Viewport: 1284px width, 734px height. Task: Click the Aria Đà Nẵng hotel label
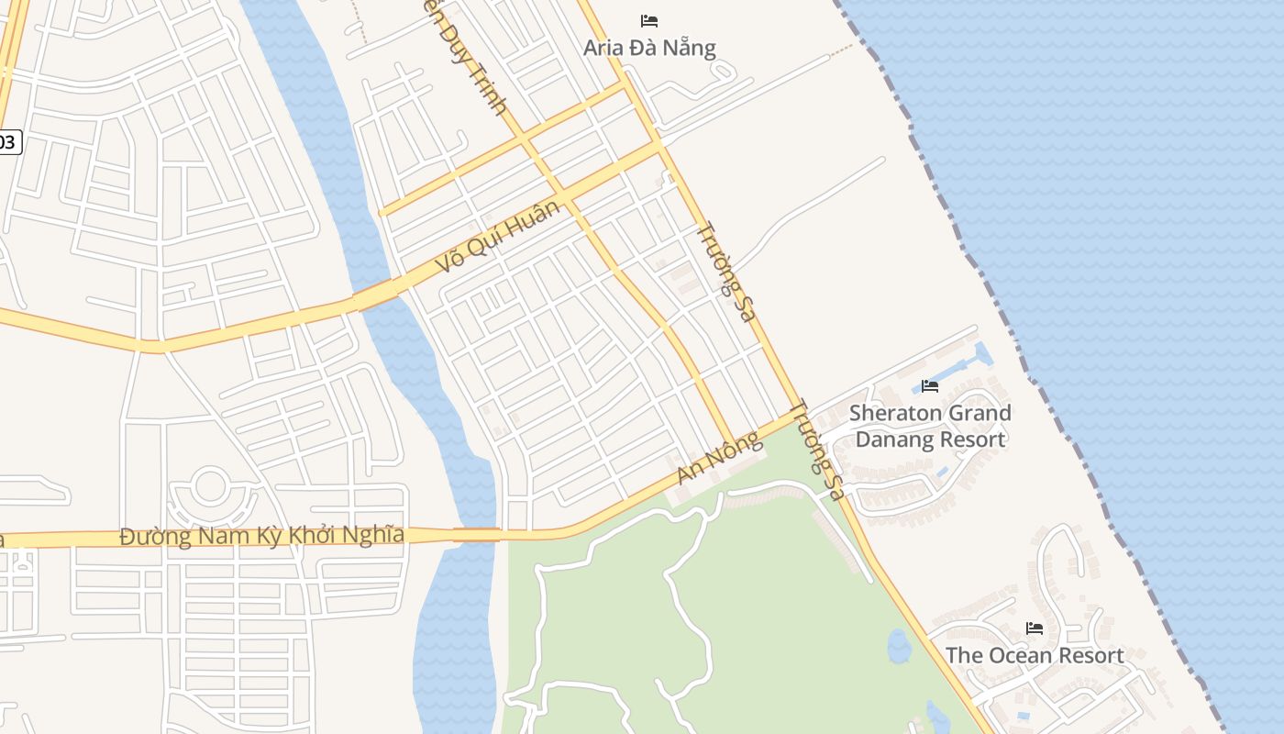pyautogui.click(x=649, y=48)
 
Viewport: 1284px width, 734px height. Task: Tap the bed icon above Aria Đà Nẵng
pyautogui.click(x=649, y=20)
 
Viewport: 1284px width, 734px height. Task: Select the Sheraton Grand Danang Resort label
pyautogui.click(x=930, y=426)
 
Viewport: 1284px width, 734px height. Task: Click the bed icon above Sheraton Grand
pyautogui.click(x=930, y=385)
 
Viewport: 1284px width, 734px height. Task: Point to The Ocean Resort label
pyautogui.click(x=1034, y=655)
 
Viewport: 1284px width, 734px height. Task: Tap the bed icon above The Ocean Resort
pyautogui.click(x=1035, y=628)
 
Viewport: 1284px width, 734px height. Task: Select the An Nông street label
pyautogui.click(x=720, y=458)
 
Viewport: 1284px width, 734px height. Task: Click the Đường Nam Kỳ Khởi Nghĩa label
pyautogui.click(x=262, y=535)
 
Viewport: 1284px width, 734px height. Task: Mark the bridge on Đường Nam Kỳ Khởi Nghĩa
pyautogui.click(x=476, y=534)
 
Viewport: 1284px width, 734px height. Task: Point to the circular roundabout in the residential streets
pyautogui.click(x=210, y=486)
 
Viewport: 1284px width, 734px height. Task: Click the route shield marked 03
pyautogui.click(x=8, y=141)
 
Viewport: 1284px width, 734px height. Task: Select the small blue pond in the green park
pyautogui.click(x=899, y=646)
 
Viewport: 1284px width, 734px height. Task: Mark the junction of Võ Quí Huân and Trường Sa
pyautogui.click(x=658, y=145)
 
